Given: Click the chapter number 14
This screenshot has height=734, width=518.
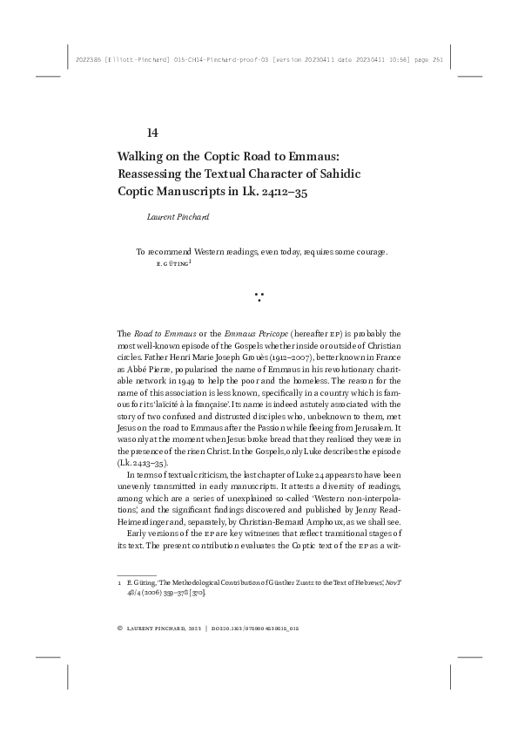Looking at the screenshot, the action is tap(151, 133).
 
